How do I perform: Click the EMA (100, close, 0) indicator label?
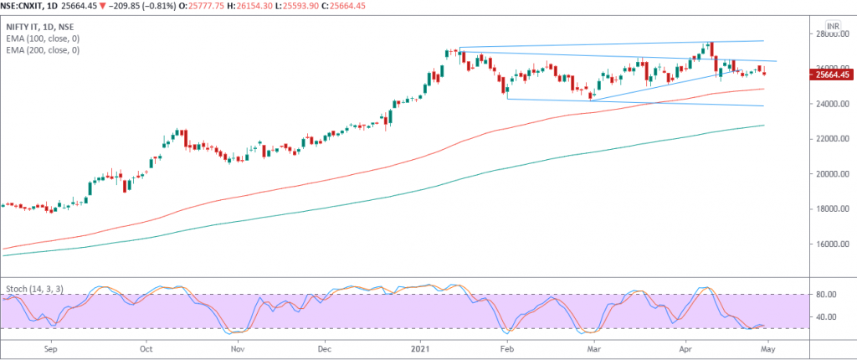(44, 39)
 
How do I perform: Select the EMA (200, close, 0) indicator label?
(44, 51)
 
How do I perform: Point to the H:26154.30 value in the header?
(282, 7)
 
